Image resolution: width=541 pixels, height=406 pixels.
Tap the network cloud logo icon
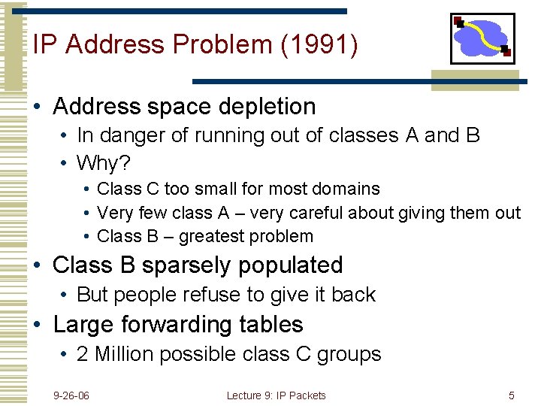pos(482,38)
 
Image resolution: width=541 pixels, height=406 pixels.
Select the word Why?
pos(102,162)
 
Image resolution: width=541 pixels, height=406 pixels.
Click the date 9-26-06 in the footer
pos(71,395)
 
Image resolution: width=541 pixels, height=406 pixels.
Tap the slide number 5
pos(512,395)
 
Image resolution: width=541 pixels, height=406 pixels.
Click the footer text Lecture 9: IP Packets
pos(276,395)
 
